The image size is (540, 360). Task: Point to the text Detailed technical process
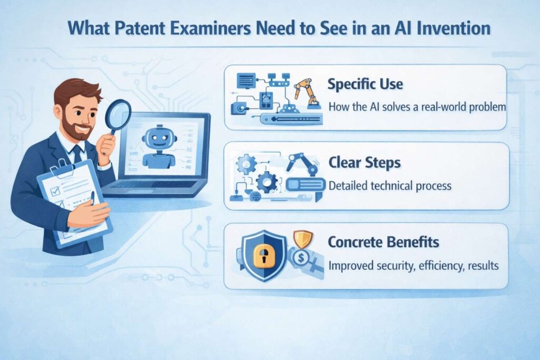[x=390, y=186]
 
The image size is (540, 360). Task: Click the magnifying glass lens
[x=118, y=115]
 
